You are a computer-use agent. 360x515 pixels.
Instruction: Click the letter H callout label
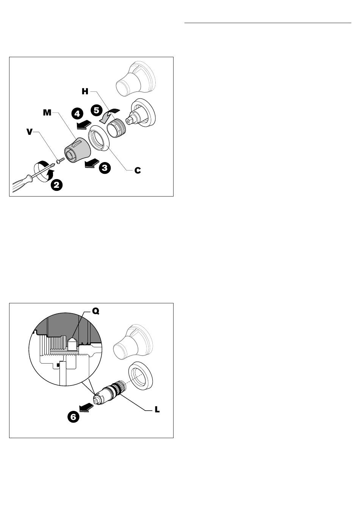pyautogui.click(x=85, y=92)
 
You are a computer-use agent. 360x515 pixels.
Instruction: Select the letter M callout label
pyautogui.click(x=47, y=113)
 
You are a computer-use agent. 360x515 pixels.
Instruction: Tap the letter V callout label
pyautogui.click(x=30, y=132)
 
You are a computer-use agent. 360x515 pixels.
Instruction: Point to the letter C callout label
pyautogui.click(x=138, y=170)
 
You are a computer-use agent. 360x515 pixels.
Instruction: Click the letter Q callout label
pyautogui.click(x=95, y=311)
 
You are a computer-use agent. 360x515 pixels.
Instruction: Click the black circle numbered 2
pyautogui.click(x=56, y=185)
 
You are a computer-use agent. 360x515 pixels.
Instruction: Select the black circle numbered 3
pyautogui.click(x=105, y=168)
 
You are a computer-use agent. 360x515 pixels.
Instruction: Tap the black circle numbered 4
pyautogui.click(x=77, y=114)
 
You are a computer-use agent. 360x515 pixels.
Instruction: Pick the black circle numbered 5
pyautogui.click(x=97, y=110)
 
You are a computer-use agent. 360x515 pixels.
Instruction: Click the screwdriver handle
pyautogui.click(x=22, y=183)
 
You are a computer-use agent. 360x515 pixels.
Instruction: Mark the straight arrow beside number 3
pyautogui.click(x=92, y=164)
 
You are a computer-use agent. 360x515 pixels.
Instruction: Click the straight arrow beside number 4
pyautogui.click(x=84, y=124)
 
